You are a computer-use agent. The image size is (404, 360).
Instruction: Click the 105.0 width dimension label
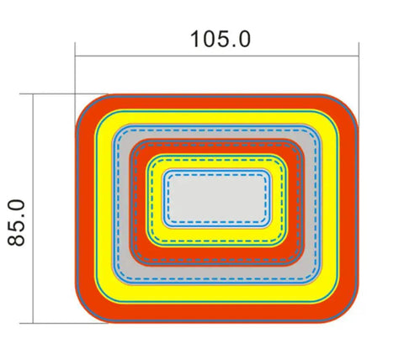221,39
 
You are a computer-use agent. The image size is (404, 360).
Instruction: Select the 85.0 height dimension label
16,223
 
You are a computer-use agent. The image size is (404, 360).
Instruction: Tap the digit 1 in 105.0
194,39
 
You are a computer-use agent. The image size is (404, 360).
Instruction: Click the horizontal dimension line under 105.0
217,56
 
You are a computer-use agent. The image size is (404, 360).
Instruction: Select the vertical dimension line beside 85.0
33,209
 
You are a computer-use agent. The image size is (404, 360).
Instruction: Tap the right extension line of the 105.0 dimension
359,84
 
